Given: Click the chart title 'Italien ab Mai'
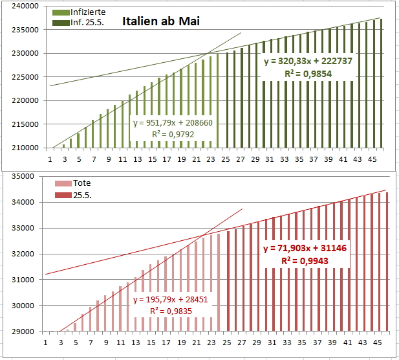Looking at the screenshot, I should (161, 21).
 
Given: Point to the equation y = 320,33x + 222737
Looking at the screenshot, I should (307, 62).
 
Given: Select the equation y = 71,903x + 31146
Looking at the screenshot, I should (306, 249).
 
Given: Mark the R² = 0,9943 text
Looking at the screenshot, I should (306, 261).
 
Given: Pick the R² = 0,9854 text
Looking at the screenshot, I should (307, 74).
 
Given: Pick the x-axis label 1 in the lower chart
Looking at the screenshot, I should (45, 342).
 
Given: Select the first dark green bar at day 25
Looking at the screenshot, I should (227, 100).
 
